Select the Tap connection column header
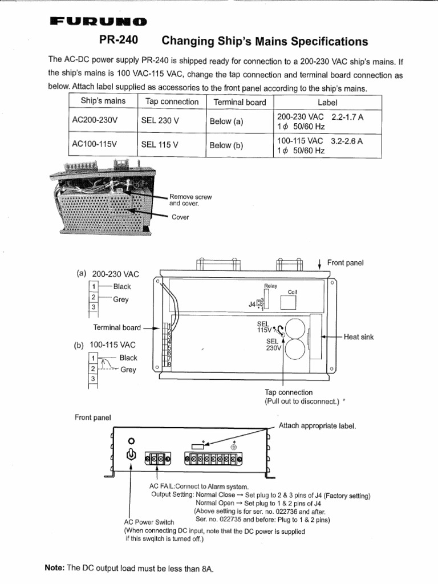[x=172, y=102]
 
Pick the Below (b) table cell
[x=226, y=145]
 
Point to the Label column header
[x=328, y=102]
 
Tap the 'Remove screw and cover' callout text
[x=190, y=200]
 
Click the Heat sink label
[x=359, y=337]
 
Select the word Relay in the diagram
[x=270, y=286]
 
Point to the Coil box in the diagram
[x=289, y=303]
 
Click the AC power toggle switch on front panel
[x=132, y=455]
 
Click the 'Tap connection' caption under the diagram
[x=289, y=392]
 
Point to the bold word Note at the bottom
[x=55, y=567]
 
